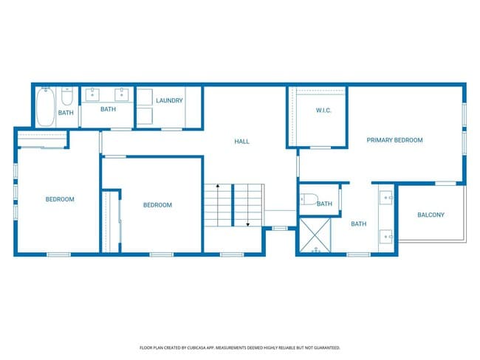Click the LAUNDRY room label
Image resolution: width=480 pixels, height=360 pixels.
pyautogui.click(x=169, y=100)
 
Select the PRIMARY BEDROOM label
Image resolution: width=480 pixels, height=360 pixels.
pyautogui.click(x=395, y=139)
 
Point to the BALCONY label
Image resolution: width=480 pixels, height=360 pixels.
pyautogui.click(x=431, y=215)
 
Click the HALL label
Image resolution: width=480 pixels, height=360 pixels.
pyautogui.click(x=242, y=141)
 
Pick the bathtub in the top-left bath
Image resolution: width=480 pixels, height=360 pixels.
pyautogui.click(x=45, y=107)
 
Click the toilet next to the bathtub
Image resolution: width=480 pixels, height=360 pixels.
pyautogui.click(x=66, y=97)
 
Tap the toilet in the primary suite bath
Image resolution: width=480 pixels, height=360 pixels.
pyautogui.click(x=309, y=200)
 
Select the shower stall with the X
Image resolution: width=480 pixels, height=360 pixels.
pyautogui.click(x=316, y=236)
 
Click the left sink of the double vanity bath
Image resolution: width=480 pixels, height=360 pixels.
pyautogui.click(x=93, y=94)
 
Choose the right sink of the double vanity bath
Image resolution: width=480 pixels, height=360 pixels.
pyautogui.click(x=120, y=94)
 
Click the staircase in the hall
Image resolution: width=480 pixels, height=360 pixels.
pyautogui.click(x=234, y=204)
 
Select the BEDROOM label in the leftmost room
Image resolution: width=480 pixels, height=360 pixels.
pyautogui.click(x=60, y=198)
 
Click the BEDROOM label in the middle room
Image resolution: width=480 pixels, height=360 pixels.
pyautogui.click(x=157, y=205)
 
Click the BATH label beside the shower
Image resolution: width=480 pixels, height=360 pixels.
pyautogui.click(x=359, y=224)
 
